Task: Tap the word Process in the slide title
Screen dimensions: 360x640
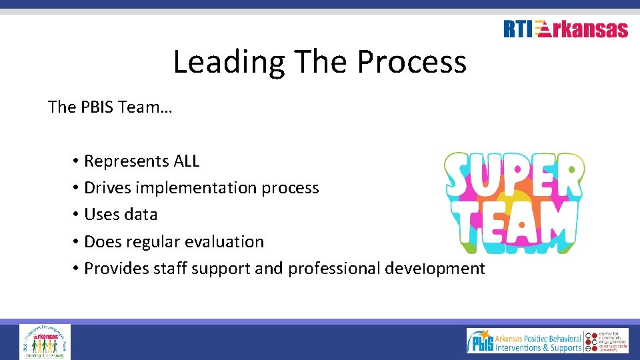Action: pos(411,62)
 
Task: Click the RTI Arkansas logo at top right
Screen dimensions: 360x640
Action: pos(565,29)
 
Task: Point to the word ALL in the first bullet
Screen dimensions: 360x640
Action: pos(186,161)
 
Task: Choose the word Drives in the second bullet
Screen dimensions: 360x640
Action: pos(107,188)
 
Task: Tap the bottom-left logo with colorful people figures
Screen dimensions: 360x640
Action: pos(45,341)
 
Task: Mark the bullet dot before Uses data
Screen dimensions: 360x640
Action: pos(77,215)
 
